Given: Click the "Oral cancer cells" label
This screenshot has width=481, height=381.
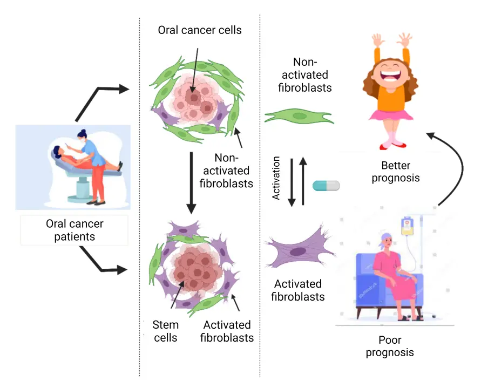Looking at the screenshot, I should (x=200, y=30).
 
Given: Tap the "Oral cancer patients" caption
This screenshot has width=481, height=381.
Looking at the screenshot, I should (x=74, y=230).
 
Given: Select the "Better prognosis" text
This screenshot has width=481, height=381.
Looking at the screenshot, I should (x=396, y=171).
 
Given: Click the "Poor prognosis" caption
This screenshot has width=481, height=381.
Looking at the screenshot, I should (x=390, y=347).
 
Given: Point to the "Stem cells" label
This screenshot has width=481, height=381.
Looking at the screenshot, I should (x=165, y=331).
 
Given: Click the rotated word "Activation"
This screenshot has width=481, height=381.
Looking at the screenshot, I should (x=276, y=179).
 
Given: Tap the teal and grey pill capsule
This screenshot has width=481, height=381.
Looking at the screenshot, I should (x=326, y=186).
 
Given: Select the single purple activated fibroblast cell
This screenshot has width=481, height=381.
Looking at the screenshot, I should (x=297, y=251).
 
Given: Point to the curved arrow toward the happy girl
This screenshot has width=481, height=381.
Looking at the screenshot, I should (x=456, y=162).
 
